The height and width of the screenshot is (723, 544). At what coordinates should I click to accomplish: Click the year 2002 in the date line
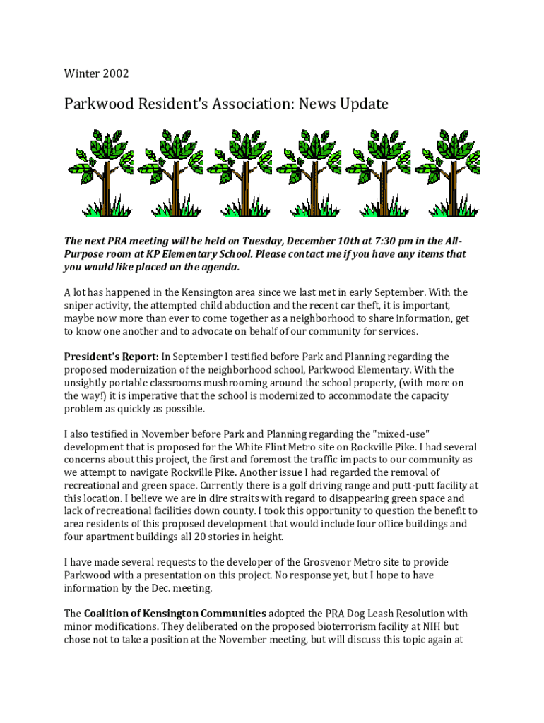tap(116, 73)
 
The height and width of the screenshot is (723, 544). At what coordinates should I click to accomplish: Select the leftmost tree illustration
tap(100, 173)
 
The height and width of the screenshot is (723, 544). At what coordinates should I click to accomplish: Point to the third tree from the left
tap(240, 173)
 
